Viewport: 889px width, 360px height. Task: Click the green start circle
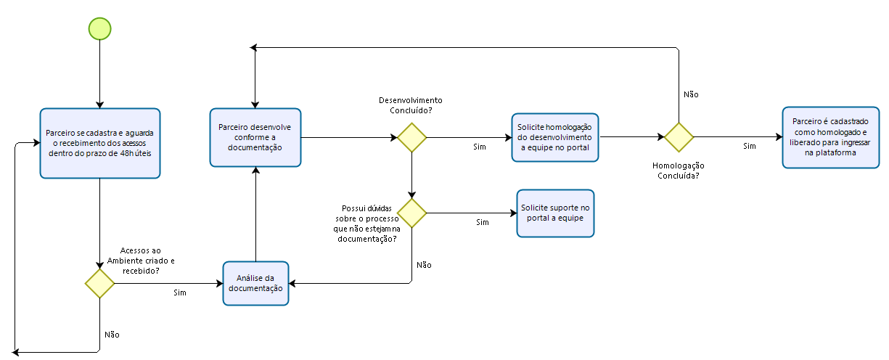tap(99, 28)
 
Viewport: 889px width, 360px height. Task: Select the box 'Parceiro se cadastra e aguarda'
tap(99, 143)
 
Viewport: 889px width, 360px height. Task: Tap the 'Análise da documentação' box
tap(255, 283)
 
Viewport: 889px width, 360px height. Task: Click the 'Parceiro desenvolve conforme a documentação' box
tap(255, 136)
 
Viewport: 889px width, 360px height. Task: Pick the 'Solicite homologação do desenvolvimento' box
tap(555, 136)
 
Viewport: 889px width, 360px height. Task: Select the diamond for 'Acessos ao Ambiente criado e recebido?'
tap(99, 283)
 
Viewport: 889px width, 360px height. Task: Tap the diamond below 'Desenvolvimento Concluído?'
tap(411, 137)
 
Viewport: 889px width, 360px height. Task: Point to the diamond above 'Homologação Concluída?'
tap(679, 136)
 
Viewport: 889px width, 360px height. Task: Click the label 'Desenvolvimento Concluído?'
tap(411, 105)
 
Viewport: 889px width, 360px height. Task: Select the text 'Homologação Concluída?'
tap(679, 170)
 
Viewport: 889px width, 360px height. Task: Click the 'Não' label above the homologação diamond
tap(691, 94)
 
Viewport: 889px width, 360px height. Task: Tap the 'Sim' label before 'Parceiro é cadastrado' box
tap(750, 146)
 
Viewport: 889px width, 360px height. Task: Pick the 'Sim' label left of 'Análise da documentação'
tap(180, 292)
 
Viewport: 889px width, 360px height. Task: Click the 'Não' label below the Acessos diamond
tap(112, 335)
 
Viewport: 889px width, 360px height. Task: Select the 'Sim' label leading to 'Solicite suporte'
tap(482, 222)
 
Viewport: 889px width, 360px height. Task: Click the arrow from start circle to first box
tap(99, 73)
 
